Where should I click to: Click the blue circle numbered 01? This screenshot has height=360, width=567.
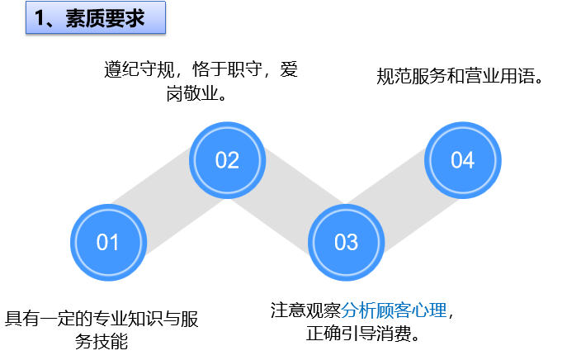[107, 242]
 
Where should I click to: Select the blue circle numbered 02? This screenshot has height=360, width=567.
[227, 159]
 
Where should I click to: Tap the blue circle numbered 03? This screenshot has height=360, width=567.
[346, 242]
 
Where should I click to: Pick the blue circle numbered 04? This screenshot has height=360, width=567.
[462, 159]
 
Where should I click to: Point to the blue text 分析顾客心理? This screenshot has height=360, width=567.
[394, 310]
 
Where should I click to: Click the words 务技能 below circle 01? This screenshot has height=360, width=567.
[102, 340]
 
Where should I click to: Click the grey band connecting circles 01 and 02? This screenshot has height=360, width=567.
[168, 201]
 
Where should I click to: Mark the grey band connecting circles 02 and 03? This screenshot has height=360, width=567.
[286, 201]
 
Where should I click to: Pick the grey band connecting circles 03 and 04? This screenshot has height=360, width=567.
[404, 201]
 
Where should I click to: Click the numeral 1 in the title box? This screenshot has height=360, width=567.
[40, 18]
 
